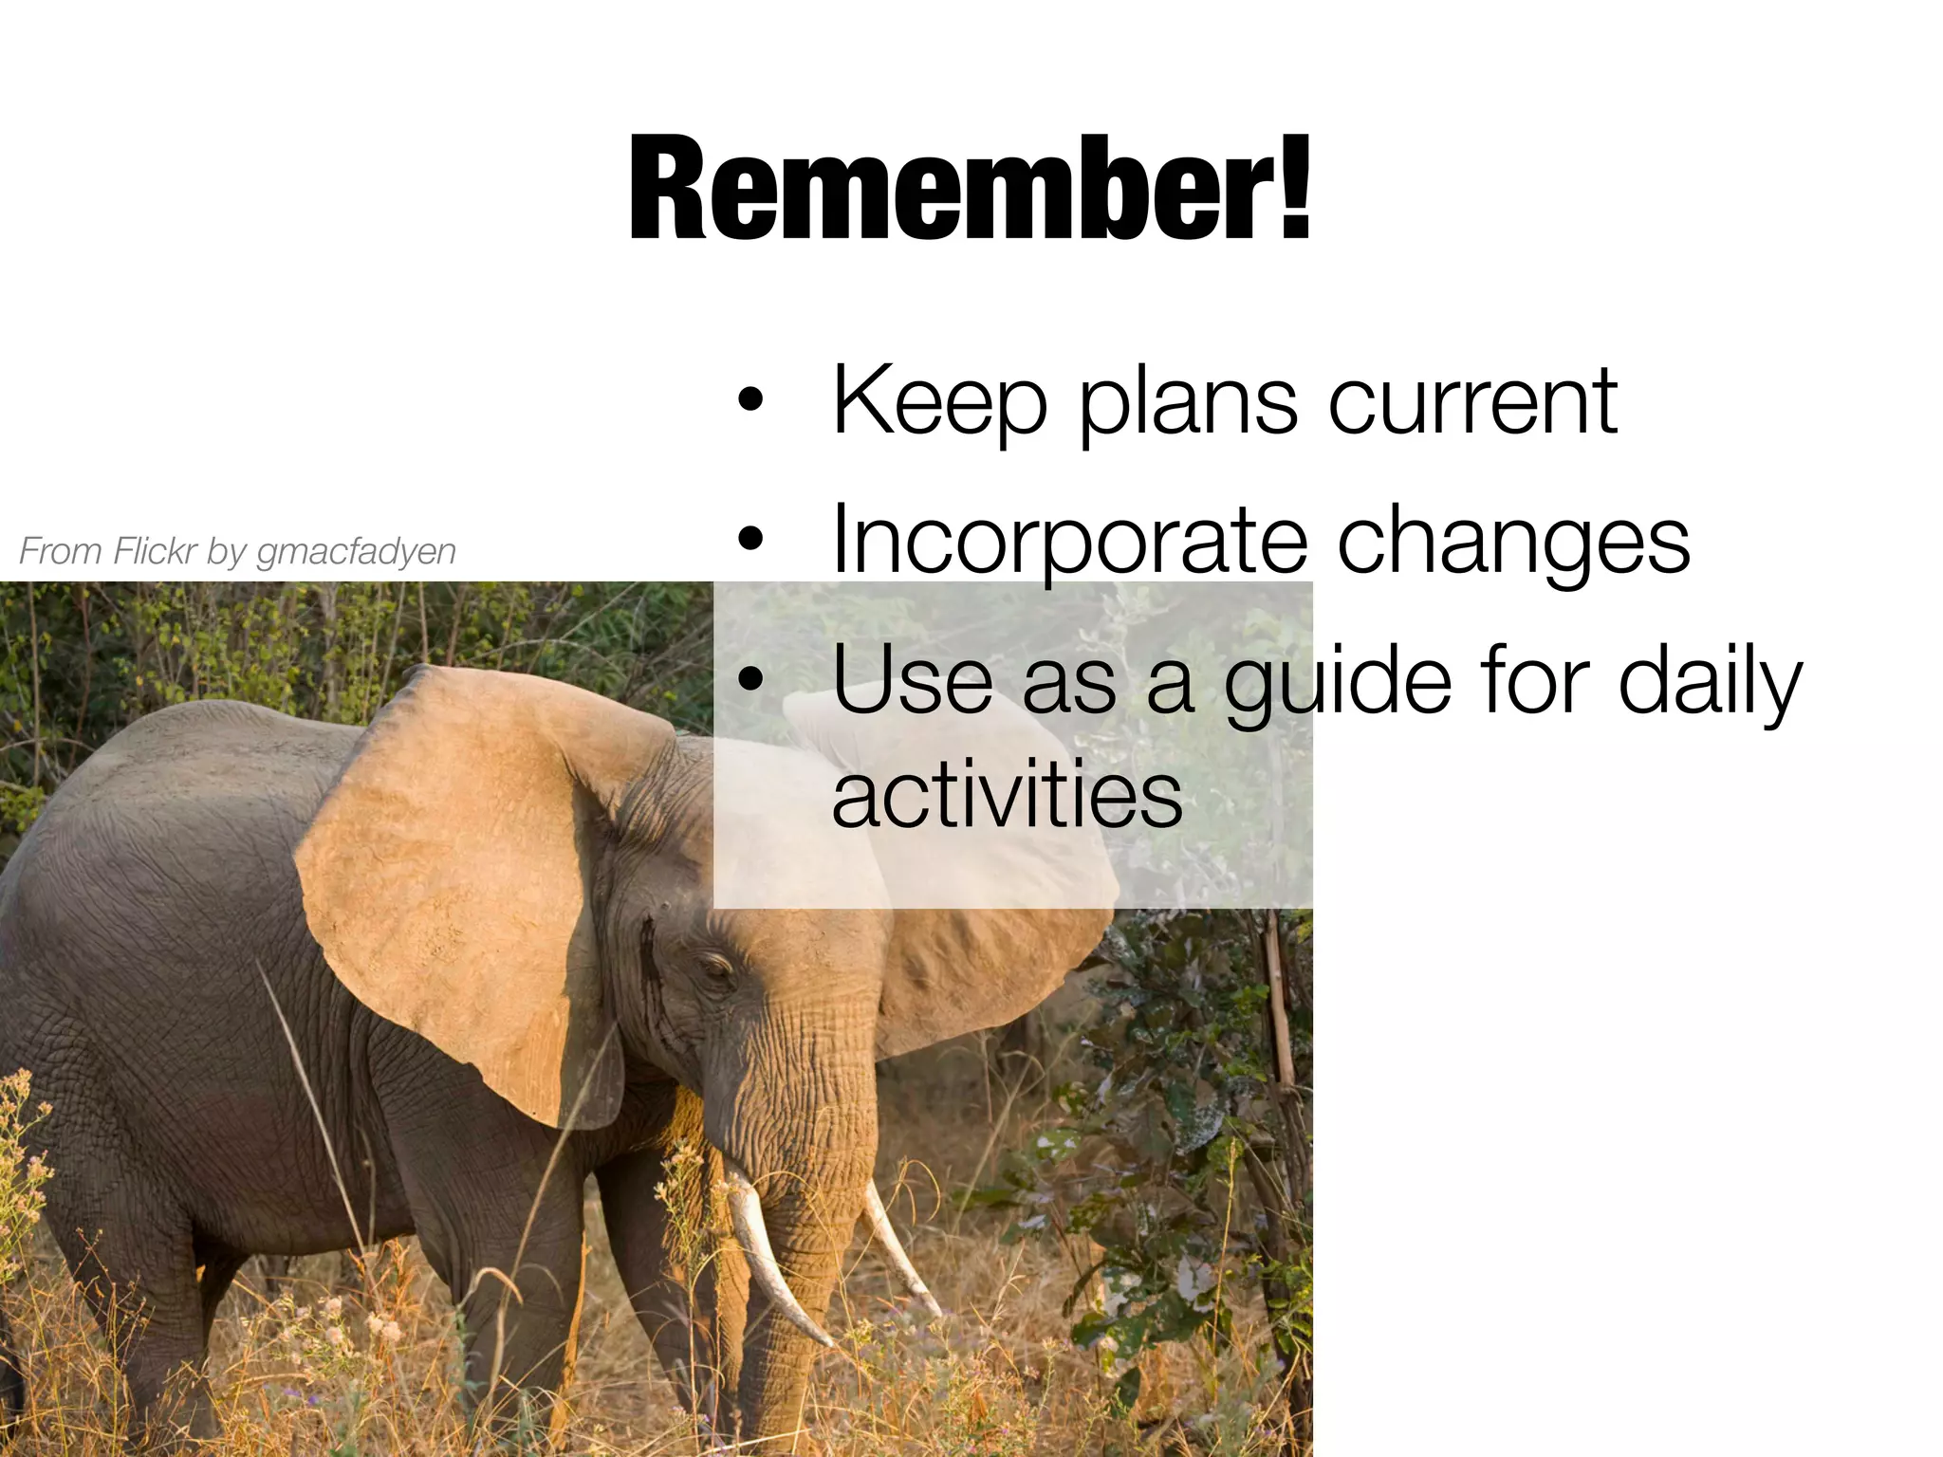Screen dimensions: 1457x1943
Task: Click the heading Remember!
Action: point(970,190)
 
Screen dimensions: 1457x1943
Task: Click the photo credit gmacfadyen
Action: point(357,551)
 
